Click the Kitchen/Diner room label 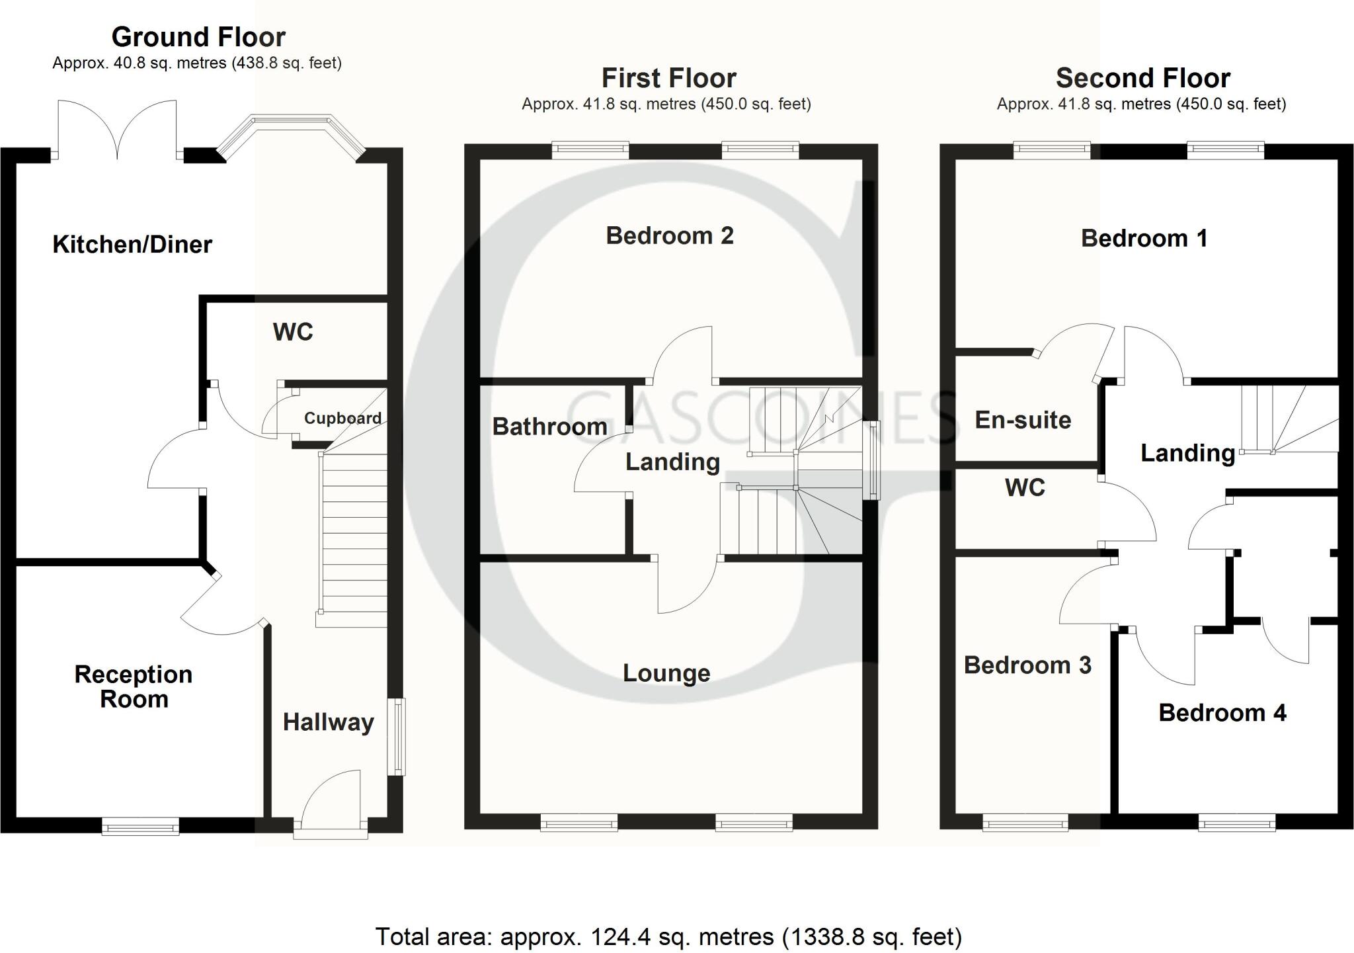point(132,245)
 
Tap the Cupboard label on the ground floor point(342,418)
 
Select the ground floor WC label point(293,332)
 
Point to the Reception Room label point(134,686)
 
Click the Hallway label point(329,722)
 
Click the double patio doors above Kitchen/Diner point(118,132)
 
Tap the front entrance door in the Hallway point(331,804)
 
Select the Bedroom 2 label point(670,235)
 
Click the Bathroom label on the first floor point(549,427)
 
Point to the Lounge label point(666,673)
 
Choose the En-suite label point(1023,420)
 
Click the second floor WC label point(1025,488)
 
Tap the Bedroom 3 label point(1027,665)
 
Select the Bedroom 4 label point(1222,713)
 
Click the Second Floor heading point(1142,78)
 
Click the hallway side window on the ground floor point(397,737)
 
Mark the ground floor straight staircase point(353,536)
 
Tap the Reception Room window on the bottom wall point(140,826)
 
